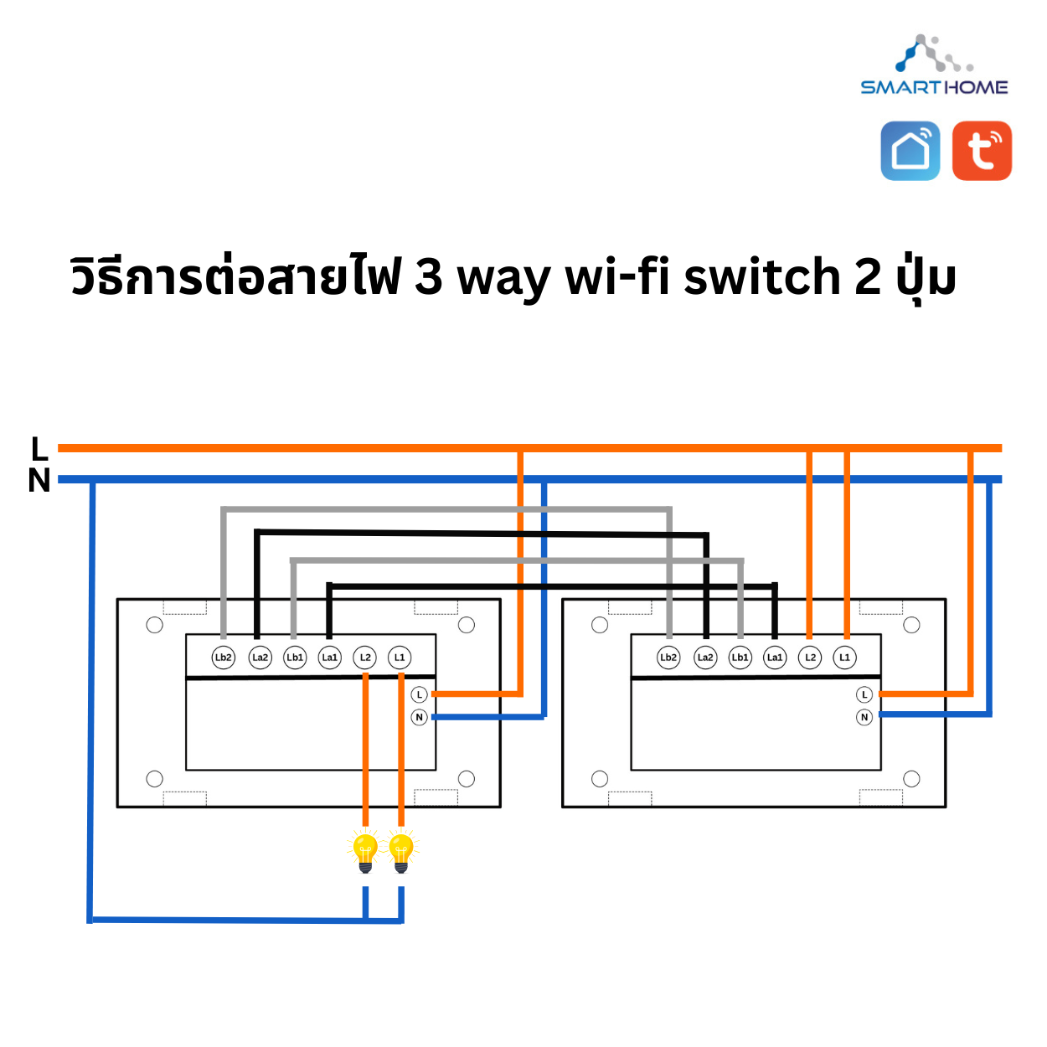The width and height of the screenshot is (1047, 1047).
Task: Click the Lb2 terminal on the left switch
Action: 223,658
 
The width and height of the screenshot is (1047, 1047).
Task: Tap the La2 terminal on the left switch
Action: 260,658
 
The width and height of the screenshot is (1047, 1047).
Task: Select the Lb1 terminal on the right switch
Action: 740,658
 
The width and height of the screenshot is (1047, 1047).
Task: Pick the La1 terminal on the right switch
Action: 775,658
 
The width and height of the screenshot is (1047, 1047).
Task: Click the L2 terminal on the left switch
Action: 365,658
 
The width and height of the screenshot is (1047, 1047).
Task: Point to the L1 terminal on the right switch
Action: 844,658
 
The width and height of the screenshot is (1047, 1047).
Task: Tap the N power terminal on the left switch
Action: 420,717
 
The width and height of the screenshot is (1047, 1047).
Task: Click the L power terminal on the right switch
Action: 864,694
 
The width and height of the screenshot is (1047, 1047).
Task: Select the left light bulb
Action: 365,851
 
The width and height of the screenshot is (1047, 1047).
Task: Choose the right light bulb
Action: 401,851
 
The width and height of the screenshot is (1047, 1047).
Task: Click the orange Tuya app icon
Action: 982,151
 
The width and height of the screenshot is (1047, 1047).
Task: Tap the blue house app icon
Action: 910,151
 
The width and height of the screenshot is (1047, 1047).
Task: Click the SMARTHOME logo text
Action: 934,87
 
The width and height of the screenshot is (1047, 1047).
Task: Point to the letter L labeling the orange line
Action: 39,449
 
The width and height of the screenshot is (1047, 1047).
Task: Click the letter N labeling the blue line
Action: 39,481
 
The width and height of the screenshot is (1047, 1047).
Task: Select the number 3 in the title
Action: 429,276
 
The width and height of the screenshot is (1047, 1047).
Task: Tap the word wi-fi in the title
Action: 618,276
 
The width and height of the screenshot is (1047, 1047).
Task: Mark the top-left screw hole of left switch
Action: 154,625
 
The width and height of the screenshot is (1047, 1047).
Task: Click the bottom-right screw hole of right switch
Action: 911,779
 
